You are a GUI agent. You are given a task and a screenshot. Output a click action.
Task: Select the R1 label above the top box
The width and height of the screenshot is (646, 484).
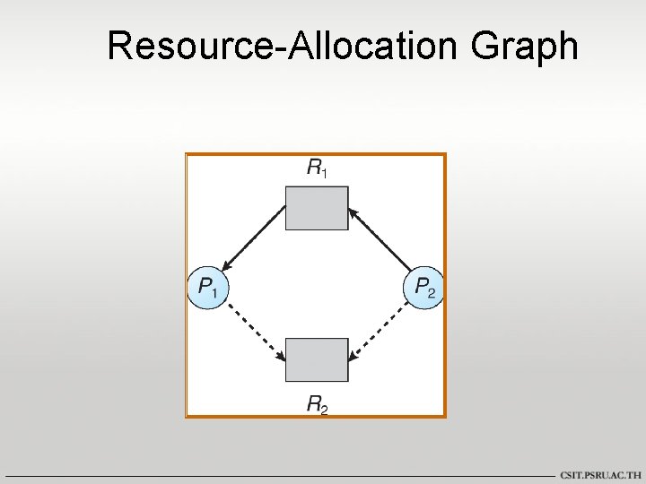317,168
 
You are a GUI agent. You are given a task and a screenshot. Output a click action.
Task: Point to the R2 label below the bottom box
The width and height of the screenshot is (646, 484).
317,405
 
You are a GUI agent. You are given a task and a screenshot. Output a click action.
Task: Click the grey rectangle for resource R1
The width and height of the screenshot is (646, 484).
317,208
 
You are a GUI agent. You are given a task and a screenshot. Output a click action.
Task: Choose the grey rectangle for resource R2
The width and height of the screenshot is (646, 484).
317,360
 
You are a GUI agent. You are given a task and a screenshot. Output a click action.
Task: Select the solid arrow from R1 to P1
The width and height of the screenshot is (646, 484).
254,237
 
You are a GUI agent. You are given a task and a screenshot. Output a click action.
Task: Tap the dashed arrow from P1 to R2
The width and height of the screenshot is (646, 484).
254,332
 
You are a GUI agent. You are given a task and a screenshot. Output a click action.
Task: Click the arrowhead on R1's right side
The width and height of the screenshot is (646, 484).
353,212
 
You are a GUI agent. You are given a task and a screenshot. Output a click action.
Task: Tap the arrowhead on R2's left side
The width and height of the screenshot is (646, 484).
281,357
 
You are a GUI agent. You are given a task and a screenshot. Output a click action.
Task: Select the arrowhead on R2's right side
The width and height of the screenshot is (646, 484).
353,357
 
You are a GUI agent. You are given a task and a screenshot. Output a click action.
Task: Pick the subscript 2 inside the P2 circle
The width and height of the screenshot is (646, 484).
433,293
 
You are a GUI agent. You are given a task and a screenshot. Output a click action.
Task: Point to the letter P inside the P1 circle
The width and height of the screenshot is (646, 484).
205,288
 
